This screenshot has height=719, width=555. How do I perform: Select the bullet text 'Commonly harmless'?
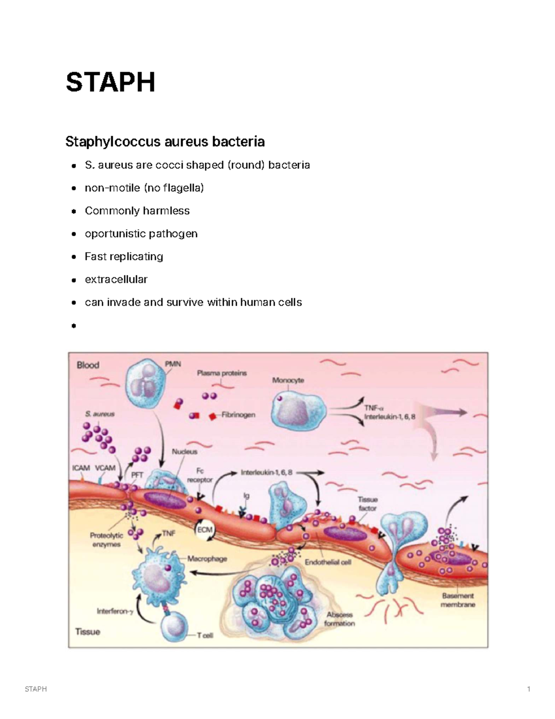click(137, 211)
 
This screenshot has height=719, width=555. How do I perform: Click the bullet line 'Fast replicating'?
click(124, 257)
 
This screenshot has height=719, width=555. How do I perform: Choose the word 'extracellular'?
click(116, 280)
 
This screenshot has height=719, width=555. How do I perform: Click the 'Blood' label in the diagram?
click(88, 365)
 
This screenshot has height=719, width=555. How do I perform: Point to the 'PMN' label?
click(173, 364)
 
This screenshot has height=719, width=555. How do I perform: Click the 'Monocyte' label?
click(288, 381)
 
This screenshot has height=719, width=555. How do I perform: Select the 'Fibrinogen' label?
click(238, 414)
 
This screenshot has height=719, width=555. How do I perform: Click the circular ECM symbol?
click(204, 530)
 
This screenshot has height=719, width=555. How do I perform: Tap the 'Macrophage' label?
click(207, 559)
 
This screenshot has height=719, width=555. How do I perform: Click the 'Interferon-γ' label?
click(115, 612)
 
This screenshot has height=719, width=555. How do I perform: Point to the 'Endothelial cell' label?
click(328, 562)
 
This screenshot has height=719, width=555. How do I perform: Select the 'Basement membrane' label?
click(458, 600)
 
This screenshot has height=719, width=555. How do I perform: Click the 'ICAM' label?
click(81, 468)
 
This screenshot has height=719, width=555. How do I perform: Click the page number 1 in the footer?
click(529, 689)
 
